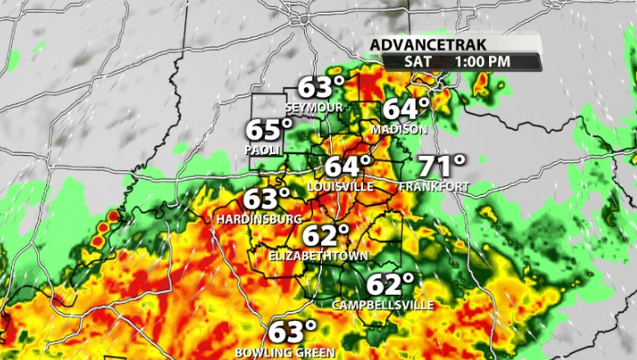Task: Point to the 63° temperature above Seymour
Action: [322, 89]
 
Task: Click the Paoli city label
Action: [264, 150]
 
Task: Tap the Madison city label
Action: [398, 130]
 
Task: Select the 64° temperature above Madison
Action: [406, 109]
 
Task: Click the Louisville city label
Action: [340, 186]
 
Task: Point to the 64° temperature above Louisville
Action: [348, 166]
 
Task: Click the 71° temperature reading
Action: [442, 165]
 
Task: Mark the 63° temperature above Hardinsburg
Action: [267, 199]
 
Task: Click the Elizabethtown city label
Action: [318, 257]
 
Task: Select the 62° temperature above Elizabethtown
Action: [326, 236]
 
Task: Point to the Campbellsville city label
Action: [383, 304]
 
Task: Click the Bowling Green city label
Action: [285, 352]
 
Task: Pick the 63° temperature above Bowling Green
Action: [292, 331]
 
